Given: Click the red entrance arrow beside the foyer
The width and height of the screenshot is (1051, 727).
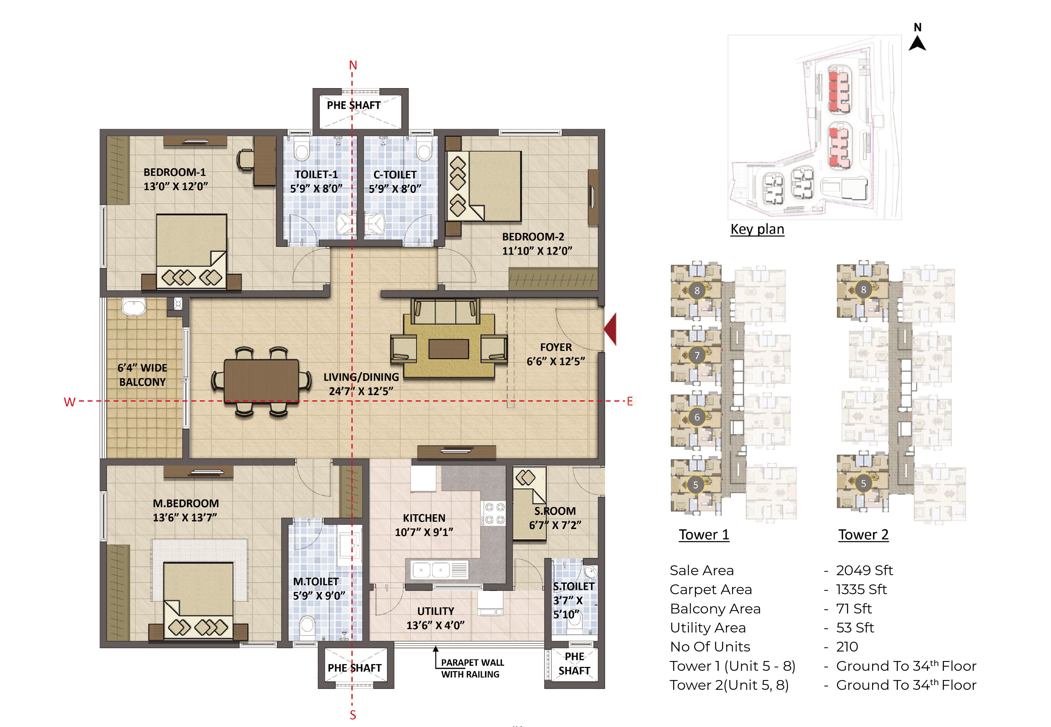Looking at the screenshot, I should click(x=611, y=329).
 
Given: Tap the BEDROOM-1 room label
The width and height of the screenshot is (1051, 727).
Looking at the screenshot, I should click(x=175, y=173).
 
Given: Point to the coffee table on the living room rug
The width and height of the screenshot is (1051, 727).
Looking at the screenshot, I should click(x=449, y=349).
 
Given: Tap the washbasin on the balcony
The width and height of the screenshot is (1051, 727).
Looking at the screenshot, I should click(x=134, y=307).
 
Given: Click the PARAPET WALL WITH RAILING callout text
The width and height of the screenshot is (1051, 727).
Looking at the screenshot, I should click(x=472, y=668).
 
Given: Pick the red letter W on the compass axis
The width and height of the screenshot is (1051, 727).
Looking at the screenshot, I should click(x=69, y=402).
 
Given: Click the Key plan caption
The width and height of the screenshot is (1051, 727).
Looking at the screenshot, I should click(x=757, y=229).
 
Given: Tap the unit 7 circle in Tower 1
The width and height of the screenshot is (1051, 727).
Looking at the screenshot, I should click(x=697, y=355).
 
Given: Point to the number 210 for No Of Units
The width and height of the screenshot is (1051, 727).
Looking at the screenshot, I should click(x=847, y=646).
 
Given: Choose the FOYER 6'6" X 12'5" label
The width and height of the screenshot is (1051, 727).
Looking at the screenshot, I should click(x=556, y=354).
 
